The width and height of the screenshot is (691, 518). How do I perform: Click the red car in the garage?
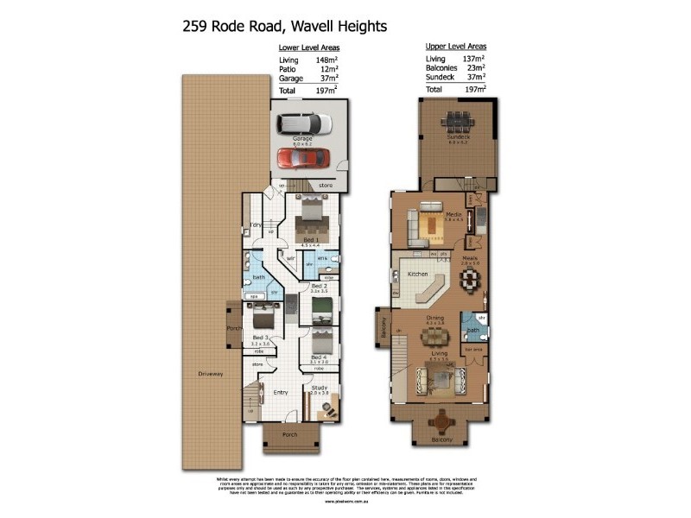click(x=303, y=158)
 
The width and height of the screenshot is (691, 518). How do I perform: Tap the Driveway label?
click(x=211, y=374)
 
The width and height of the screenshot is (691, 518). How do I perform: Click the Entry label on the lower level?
click(x=281, y=392)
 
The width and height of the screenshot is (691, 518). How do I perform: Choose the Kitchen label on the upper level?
click(x=418, y=274)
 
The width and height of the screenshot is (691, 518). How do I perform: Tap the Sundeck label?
click(x=458, y=136)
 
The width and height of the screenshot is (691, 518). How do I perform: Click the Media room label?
click(x=453, y=214)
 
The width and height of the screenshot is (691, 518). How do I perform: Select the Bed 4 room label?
click(x=319, y=357)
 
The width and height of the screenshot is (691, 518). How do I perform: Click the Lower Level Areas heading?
click(x=307, y=48)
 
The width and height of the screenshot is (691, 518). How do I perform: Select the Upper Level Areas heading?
click(x=456, y=46)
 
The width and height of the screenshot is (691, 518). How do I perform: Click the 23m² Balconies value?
click(x=474, y=68)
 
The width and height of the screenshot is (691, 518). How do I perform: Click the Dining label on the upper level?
click(x=434, y=317)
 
